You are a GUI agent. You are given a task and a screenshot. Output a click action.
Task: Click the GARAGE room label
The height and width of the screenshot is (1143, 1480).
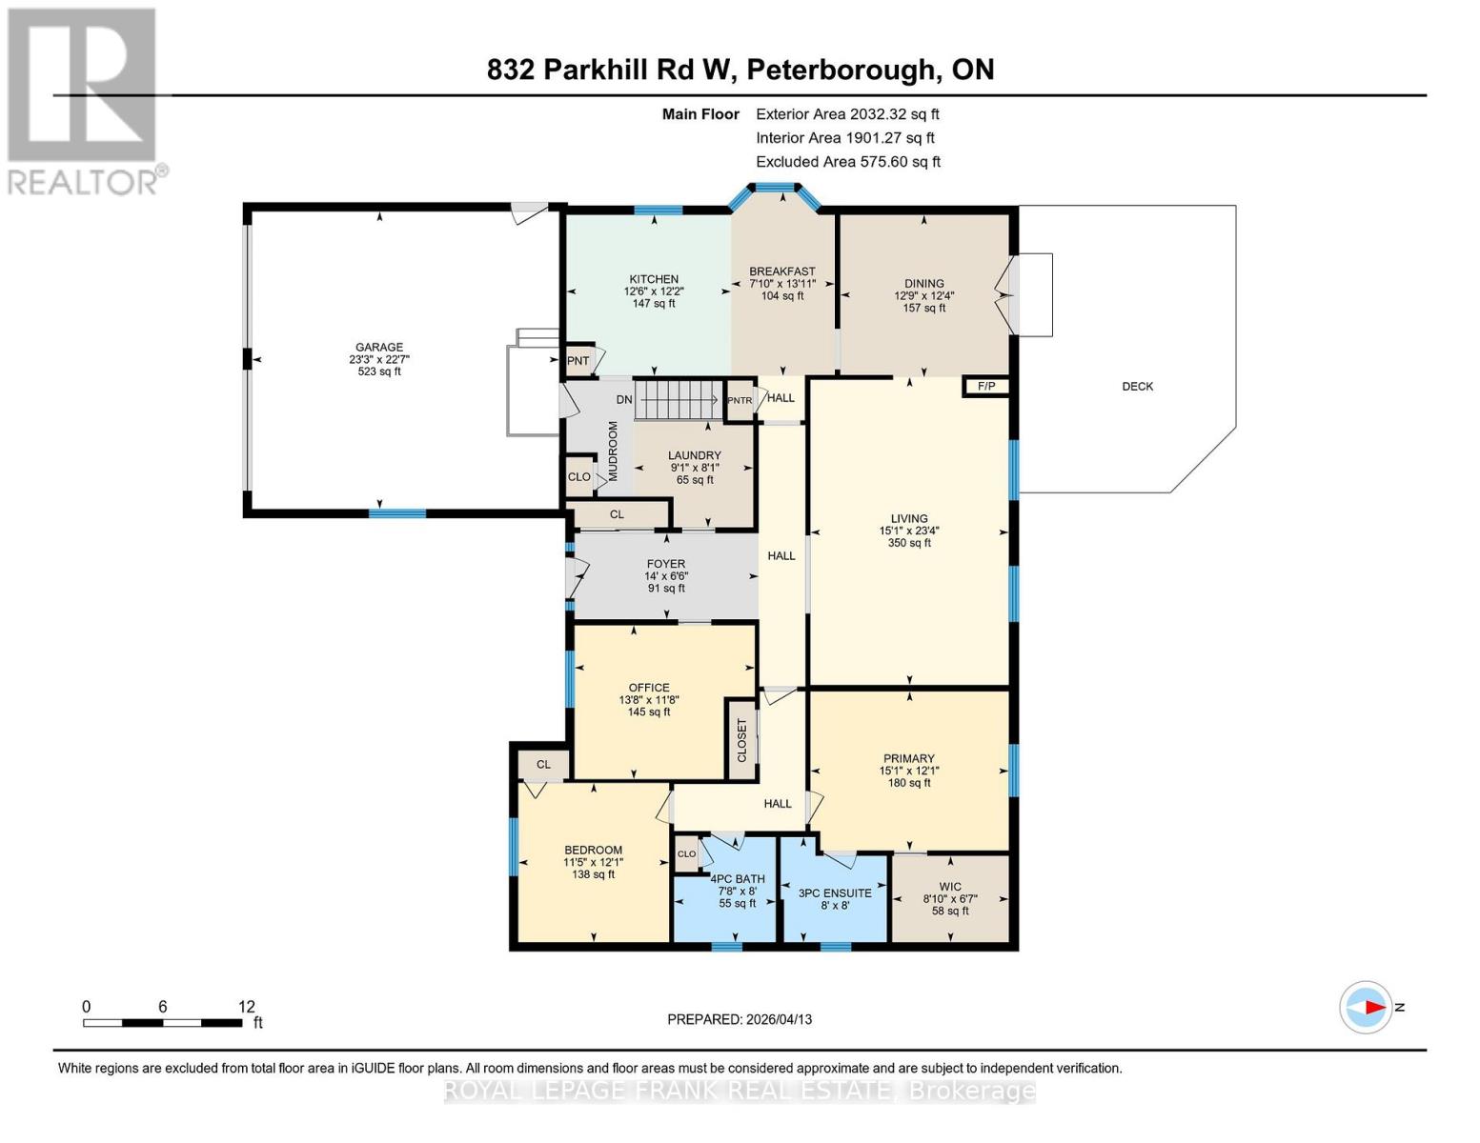coord(379,348)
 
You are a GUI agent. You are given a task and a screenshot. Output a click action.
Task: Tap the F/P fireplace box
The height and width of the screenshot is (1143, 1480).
coord(986,386)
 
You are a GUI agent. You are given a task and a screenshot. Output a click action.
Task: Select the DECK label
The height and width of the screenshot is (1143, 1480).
coord(1137,387)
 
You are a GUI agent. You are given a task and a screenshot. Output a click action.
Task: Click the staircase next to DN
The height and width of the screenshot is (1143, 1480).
coord(677,398)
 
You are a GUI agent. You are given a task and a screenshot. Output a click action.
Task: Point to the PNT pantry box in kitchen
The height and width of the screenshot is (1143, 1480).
coord(578,361)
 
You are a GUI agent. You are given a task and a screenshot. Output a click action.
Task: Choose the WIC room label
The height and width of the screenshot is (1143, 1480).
coord(950,887)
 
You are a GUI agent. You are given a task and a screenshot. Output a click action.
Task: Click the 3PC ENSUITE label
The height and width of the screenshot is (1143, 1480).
coord(835,893)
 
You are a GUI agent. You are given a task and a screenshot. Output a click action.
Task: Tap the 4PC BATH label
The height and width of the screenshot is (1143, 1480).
coord(738,879)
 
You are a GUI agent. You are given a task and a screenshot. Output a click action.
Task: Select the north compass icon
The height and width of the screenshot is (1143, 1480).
coord(1367,1007)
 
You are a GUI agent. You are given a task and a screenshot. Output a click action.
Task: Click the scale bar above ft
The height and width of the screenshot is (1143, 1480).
coord(162,1023)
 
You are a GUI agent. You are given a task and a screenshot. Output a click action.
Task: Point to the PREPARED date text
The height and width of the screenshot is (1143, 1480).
coord(740,1019)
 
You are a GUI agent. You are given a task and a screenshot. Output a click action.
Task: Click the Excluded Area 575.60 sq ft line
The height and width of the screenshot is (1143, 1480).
coord(848,162)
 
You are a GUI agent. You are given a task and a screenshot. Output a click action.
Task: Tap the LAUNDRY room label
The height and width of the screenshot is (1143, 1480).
coord(695,455)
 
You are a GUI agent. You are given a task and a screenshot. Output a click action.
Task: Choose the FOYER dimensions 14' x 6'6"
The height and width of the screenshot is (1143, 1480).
coord(666,576)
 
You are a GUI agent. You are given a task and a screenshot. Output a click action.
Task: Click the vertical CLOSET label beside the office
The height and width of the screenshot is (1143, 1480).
coord(742,740)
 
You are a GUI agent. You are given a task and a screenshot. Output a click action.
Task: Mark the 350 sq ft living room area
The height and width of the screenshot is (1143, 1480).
coord(909,543)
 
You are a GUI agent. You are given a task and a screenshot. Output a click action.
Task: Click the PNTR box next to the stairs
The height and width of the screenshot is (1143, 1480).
coord(740,401)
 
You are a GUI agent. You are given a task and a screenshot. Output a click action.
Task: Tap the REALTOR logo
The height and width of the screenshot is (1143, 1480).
coord(84,100)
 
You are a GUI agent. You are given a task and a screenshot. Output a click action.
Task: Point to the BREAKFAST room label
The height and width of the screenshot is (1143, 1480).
coord(782,271)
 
